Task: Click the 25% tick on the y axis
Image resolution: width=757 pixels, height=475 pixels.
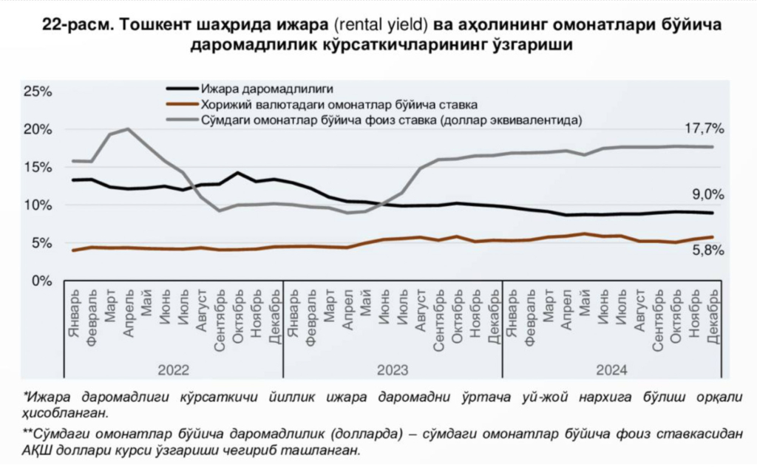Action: click(37, 92)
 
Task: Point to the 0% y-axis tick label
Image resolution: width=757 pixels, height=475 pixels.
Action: click(41, 281)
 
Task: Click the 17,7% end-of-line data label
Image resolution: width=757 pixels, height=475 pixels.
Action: click(704, 129)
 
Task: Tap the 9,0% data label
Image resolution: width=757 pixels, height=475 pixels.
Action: click(707, 195)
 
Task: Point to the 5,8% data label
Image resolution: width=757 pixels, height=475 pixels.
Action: click(707, 250)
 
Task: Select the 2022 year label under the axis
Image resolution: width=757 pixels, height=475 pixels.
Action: click(174, 369)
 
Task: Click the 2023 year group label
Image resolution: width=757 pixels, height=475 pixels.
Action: click(393, 369)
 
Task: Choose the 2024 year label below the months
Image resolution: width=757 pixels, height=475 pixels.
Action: click(611, 369)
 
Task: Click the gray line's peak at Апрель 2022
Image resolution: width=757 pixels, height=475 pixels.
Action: click(128, 129)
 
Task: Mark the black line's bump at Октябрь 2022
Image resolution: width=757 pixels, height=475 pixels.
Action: click(237, 174)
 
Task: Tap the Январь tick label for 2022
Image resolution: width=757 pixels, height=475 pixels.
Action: click(73, 316)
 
